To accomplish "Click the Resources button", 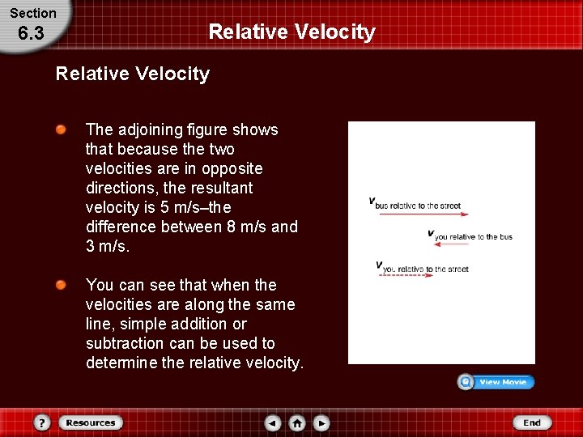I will tap(90, 422).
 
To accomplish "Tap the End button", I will tap(531, 422).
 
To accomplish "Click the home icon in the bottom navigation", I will tap(297, 422).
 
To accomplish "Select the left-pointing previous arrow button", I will tap(273, 422).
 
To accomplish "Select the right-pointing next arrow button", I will tap(321, 422).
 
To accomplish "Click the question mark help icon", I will tap(43, 422).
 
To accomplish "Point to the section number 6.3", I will tap(31, 33).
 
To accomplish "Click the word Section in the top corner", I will tap(33, 13).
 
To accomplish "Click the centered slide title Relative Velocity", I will tap(291, 32).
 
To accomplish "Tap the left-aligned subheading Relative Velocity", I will tap(132, 74).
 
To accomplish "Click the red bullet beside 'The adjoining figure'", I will tap(62, 130).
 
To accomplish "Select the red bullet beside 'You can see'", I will tap(62, 286).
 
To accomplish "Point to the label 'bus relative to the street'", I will tap(418, 206).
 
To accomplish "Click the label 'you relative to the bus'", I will tap(474, 237).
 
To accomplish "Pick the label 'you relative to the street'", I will tap(425, 269).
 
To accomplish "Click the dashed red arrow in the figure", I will tap(406, 276).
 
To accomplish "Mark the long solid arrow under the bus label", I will tap(423, 214).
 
